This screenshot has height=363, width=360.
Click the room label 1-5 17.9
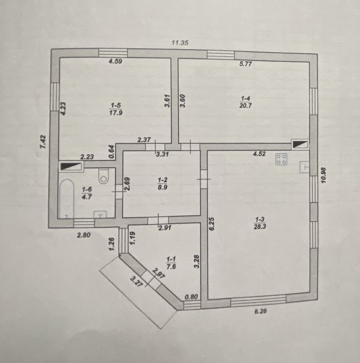pyautogui.click(x=116, y=109)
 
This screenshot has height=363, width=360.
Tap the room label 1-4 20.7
pyautogui.click(x=245, y=102)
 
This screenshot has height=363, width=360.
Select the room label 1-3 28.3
pyautogui.click(x=259, y=223)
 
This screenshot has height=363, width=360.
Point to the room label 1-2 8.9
pyautogui.click(x=163, y=184)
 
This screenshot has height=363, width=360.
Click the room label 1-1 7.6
pyautogui.click(x=171, y=263)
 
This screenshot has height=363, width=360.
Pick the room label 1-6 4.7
pyautogui.click(x=87, y=193)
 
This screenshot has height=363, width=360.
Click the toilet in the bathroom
pyautogui.click(x=104, y=176)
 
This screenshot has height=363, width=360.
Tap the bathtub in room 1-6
pyautogui.click(x=67, y=198)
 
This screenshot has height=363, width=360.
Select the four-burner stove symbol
pyautogui.click(x=281, y=159)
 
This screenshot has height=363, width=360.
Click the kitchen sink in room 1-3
pyautogui.click(x=304, y=167)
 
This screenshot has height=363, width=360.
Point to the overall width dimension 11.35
pyautogui.click(x=180, y=43)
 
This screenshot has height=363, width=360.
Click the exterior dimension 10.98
pyautogui.click(x=323, y=175)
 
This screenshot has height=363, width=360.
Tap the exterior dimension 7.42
pyautogui.click(x=43, y=142)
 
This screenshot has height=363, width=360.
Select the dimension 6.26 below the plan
pyautogui.click(x=260, y=311)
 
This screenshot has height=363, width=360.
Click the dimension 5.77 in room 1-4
pyautogui.click(x=245, y=64)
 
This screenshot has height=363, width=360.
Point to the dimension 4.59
pyautogui.click(x=115, y=62)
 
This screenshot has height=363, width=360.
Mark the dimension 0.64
pyautogui.click(x=111, y=152)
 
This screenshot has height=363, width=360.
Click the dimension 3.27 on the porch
pyautogui.click(x=136, y=282)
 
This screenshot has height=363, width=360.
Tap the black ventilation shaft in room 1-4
pyautogui.click(x=300, y=144)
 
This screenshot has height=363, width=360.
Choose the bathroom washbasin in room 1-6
pyautogui.click(x=100, y=214)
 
